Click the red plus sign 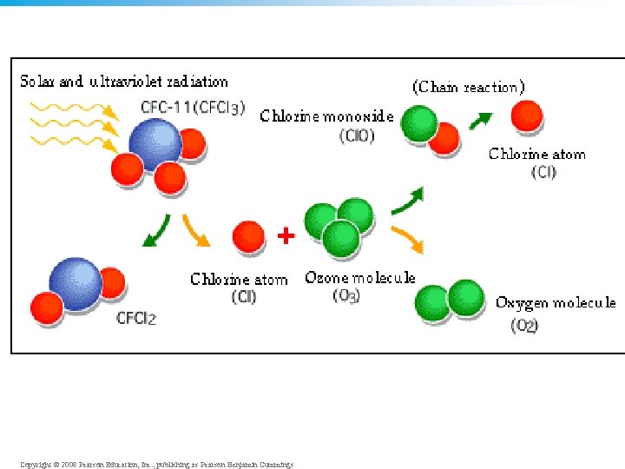coord(285,235)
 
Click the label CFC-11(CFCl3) coord(193,109)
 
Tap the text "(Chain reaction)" coord(469,87)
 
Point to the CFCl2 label coord(136,318)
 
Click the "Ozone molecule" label coord(360,278)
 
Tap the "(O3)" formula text coord(347,296)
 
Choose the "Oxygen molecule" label coord(556,302)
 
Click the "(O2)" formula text coord(524,326)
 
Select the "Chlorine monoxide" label coord(326,116)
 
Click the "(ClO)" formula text coord(357,135)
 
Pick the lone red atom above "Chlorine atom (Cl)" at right coord(527,116)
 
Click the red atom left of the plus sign coord(248,235)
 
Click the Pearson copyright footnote coord(156,465)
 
